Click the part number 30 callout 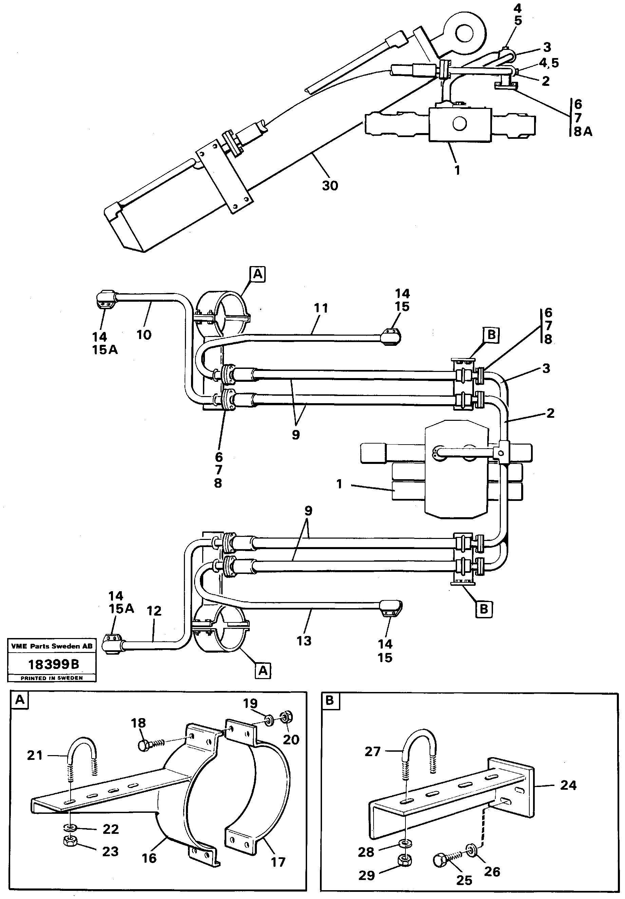[x=329, y=185]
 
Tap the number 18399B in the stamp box [x=54, y=664]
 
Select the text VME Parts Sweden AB [x=52, y=646]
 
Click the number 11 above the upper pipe [x=321, y=308]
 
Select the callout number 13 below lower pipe [x=304, y=641]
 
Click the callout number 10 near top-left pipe [x=144, y=335]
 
